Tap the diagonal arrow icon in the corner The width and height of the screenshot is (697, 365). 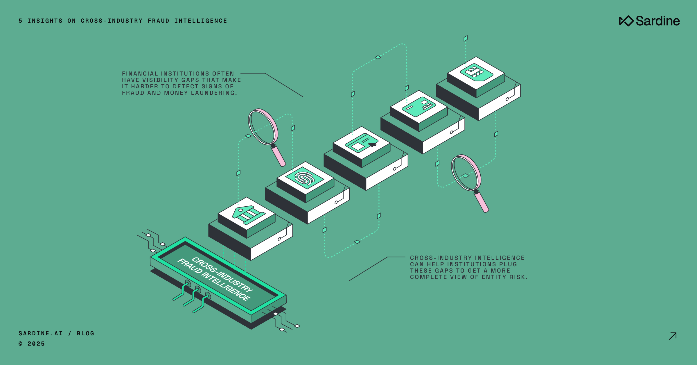coord(673,336)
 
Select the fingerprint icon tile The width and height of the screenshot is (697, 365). coord(305,178)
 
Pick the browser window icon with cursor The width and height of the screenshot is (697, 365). coord(361,143)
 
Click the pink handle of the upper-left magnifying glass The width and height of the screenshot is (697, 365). coord(279,156)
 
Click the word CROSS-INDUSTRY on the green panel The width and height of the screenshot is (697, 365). coord(222,275)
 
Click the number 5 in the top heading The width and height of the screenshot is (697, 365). coord(20,21)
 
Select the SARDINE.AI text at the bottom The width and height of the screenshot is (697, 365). coord(41,334)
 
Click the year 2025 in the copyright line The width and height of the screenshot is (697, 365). coord(36,344)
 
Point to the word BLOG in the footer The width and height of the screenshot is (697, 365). coord(86,334)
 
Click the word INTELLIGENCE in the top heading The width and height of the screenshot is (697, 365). coord(201,21)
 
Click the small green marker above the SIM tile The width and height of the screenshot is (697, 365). coord(466,38)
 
